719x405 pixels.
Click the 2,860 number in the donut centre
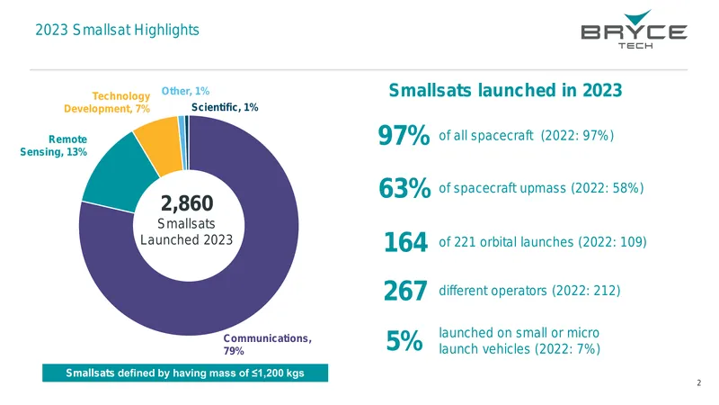tap(187, 203)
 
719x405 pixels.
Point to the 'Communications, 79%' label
tap(267, 345)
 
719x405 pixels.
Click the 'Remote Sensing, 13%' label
tap(54, 146)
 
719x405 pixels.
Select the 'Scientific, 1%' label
tap(225, 107)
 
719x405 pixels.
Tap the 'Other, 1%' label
tap(185, 91)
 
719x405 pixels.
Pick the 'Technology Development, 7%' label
tap(107, 103)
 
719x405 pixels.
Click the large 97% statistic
tap(404, 136)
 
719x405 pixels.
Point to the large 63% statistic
tap(404, 188)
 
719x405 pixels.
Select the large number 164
tap(406, 242)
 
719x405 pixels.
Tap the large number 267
tap(405, 291)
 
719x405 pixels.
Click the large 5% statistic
tap(404, 341)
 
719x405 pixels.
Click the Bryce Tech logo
tap(635, 29)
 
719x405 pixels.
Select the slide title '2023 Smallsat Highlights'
tap(118, 30)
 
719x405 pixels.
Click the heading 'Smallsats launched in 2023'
tap(505, 91)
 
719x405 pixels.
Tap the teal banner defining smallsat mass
tap(185, 373)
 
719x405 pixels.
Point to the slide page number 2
tap(699, 382)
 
